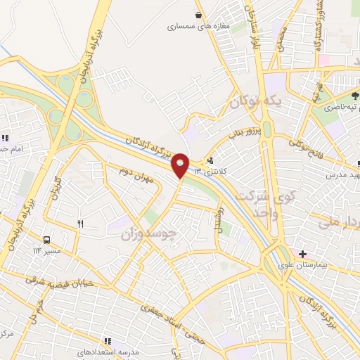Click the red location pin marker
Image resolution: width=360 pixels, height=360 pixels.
tap(181, 165)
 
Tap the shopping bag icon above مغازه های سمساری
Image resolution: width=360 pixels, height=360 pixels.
tap(200, 14)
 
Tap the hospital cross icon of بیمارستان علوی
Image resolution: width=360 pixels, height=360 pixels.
tap(302, 253)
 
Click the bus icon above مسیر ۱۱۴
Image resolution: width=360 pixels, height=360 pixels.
tap(47, 239)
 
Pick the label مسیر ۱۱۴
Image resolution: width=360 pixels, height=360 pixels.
tap(47, 250)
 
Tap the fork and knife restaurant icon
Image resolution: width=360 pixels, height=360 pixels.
tap(80, 224)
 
